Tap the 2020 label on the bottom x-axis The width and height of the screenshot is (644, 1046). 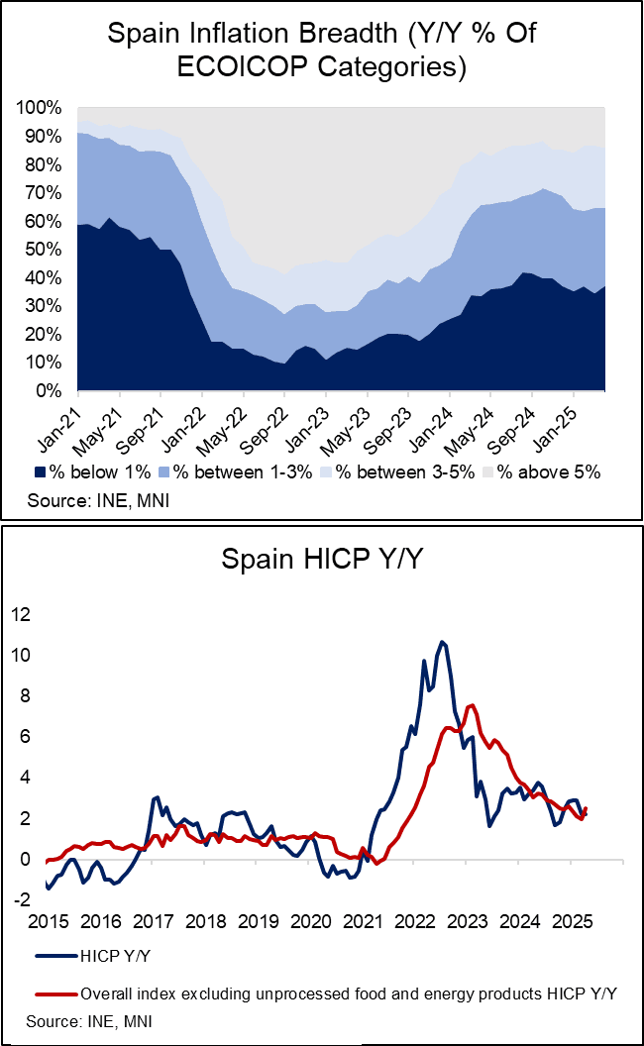click(x=307, y=922)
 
